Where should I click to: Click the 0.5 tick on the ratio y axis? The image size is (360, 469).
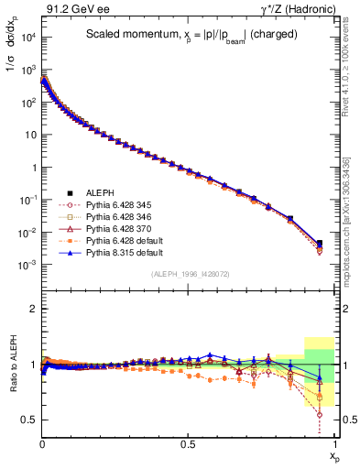click(29, 420)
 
